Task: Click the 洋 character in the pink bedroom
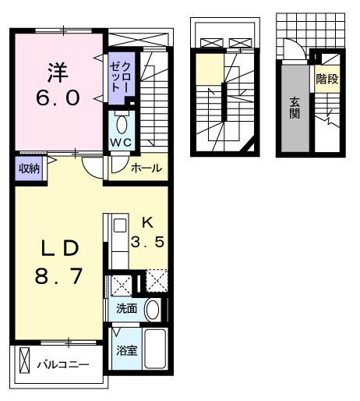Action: pyautogui.click(x=57, y=74)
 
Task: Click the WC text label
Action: pyautogui.click(x=120, y=144)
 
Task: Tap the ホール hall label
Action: pyautogui.click(x=146, y=167)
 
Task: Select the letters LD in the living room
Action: pyautogui.click(x=59, y=249)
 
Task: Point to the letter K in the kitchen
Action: pyautogui.click(x=147, y=222)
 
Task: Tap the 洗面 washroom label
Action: pyautogui.click(x=126, y=308)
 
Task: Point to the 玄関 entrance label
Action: pyautogui.click(x=295, y=109)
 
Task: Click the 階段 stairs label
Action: pyautogui.click(x=326, y=79)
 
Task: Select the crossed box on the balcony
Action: pyautogui.click(x=26, y=364)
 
